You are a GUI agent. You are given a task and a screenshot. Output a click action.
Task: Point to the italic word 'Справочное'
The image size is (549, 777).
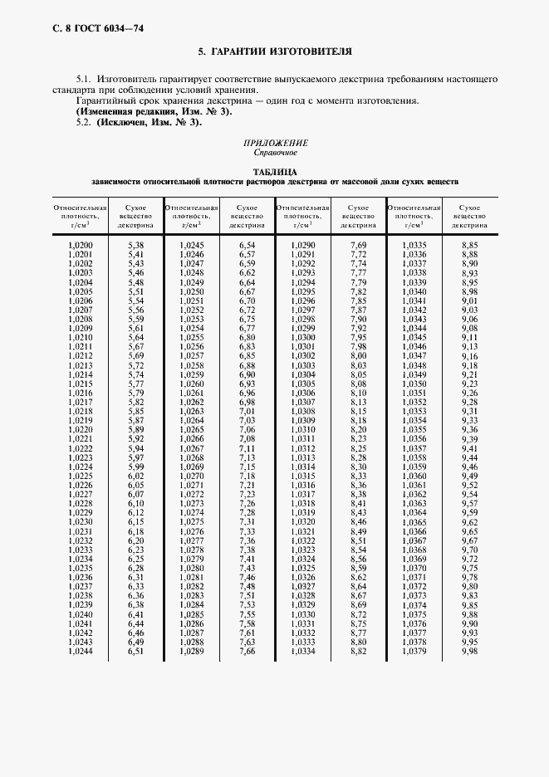point(274,152)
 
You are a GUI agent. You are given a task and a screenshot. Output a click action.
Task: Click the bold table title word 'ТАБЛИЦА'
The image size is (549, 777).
point(274,172)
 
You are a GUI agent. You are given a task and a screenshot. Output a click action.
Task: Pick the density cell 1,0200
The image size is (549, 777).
point(80,246)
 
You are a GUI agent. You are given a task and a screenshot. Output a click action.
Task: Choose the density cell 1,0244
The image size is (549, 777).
point(80,652)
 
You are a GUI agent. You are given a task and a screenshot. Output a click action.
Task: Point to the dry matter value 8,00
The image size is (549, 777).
point(358,356)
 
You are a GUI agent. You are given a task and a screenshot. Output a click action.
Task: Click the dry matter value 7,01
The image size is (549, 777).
point(247,412)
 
